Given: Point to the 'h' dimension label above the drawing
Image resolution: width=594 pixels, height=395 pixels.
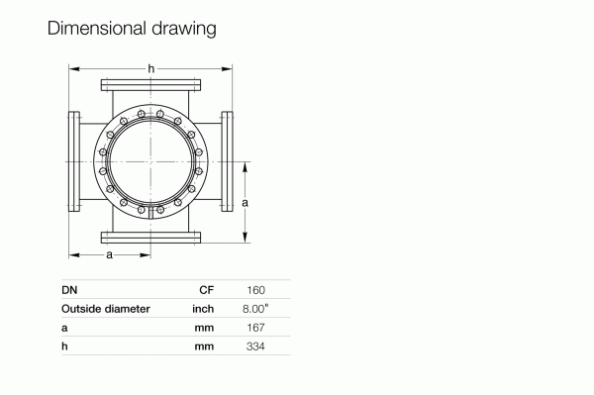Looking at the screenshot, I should (x=150, y=67).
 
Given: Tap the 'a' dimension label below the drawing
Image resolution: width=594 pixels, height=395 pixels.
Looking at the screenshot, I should (x=109, y=254).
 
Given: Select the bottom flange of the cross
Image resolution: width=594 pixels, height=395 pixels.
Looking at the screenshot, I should (x=150, y=237).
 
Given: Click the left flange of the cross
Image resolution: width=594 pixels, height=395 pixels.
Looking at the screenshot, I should (x=74, y=160).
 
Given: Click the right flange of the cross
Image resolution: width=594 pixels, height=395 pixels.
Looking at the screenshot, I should (x=227, y=160).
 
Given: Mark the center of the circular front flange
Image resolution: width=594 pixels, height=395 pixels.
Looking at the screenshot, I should (x=150, y=160).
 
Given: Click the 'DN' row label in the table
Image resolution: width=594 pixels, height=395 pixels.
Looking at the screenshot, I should (x=69, y=290).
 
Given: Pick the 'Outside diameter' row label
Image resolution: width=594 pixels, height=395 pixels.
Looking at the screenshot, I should (x=106, y=308).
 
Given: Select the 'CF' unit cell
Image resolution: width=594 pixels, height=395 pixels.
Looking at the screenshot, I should (x=207, y=290).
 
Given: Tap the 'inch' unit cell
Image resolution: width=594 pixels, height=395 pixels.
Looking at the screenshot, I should (x=204, y=308).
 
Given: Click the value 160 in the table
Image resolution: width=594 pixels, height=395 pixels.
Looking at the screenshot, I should (x=255, y=290).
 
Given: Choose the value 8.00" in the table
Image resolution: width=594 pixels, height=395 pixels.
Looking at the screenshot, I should (x=255, y=308).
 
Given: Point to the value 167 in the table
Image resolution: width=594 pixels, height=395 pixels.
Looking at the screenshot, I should (x=256, y=327).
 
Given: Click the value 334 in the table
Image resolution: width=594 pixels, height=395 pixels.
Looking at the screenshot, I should (x=255, y=345).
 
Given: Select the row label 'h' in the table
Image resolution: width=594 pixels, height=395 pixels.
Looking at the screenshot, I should (x=64, y=345).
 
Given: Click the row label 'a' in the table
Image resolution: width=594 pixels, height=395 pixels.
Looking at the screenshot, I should (x=64, y=327).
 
